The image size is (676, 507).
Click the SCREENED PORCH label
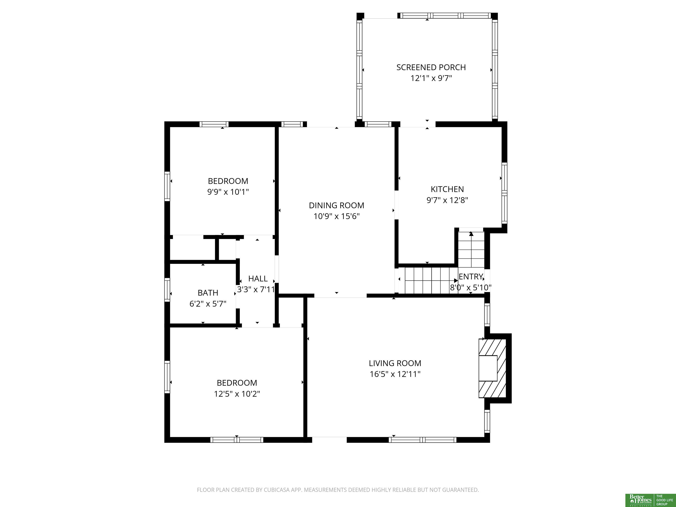point(431,68)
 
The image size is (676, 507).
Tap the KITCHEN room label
point(447,189)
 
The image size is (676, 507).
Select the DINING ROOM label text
point(336,205)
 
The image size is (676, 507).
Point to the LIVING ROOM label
point(395,363)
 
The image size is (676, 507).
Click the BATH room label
point(208,293)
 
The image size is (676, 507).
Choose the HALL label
point(258,279)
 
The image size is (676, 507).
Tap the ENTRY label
point(471,277)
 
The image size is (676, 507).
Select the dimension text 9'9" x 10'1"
point(228,192)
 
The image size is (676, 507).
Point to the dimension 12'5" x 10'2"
point(237,394)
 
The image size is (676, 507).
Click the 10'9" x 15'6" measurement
point(336,216)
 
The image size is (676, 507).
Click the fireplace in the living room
point(492,368)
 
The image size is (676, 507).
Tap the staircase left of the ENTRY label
point(431,280)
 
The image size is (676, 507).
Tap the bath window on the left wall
point(167,290)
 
